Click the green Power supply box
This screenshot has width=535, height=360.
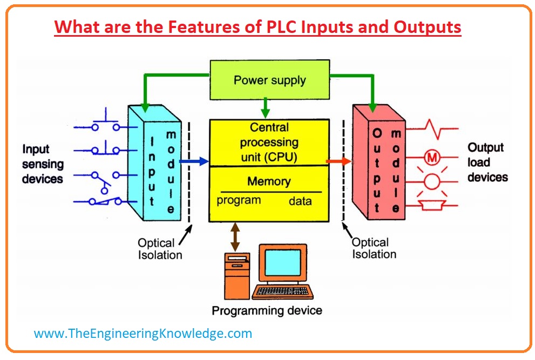pos(269,81)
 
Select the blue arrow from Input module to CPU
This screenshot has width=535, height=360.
pos(193,161)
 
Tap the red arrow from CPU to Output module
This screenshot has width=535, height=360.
pos(338,161)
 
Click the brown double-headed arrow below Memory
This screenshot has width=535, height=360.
pos(235,236)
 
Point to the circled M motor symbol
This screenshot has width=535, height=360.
pos(432,157)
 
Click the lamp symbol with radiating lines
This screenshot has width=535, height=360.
pos(432,182)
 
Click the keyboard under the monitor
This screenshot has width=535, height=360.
pos(282,291)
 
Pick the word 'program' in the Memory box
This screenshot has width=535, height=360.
pos(239,201)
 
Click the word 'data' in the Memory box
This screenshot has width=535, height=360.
pos(300,201)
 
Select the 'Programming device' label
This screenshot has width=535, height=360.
pos(267,311)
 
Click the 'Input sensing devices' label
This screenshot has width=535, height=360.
pos(43,164)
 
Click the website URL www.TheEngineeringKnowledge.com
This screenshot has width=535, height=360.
pos(143,334)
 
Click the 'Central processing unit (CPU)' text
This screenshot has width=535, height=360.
pos(269,142)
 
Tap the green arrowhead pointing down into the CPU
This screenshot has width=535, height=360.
pos(265,113)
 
